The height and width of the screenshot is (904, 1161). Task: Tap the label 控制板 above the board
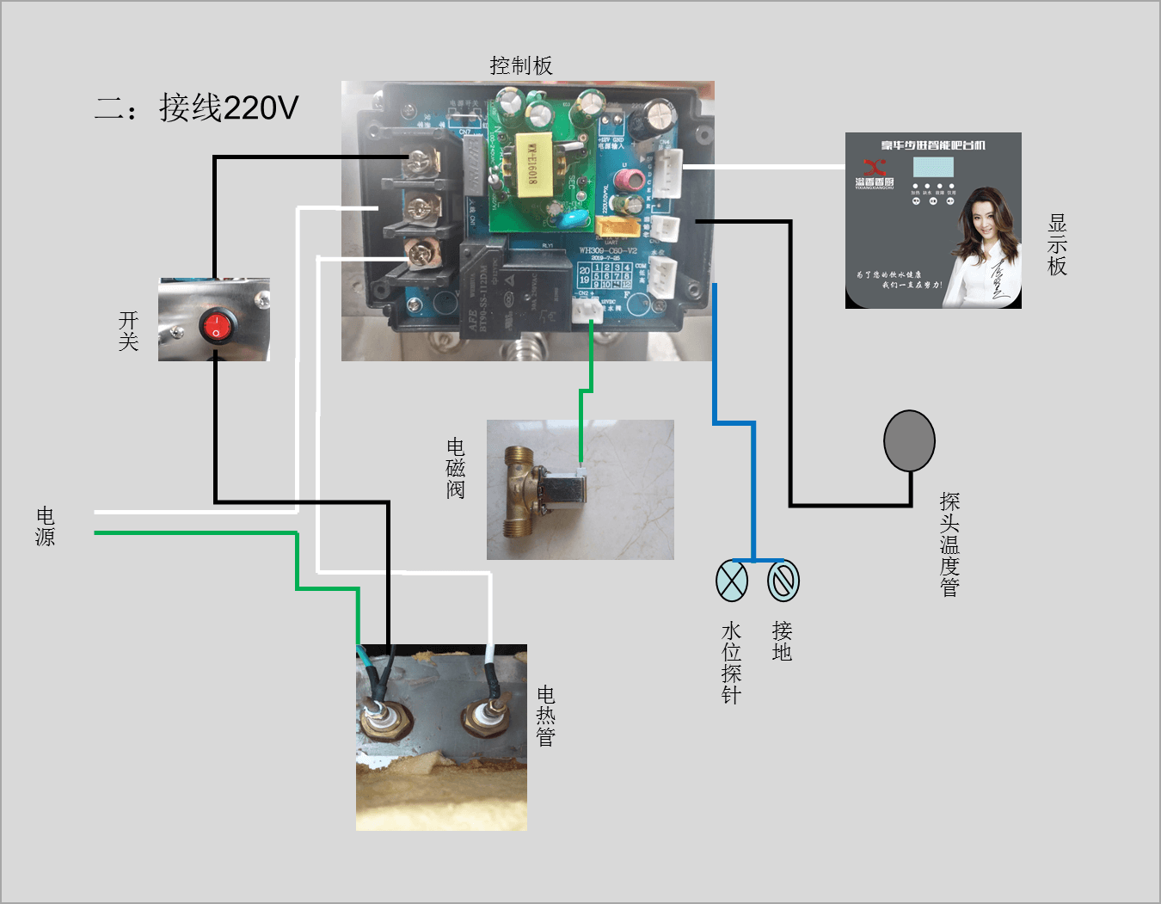pos(520,66)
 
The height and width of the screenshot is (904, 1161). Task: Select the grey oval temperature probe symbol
pos(909,440)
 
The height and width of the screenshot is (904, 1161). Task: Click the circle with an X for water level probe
pos(732,581)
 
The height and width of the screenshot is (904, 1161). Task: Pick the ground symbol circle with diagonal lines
pos(783,581)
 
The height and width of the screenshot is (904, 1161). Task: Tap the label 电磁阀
pos(456,469)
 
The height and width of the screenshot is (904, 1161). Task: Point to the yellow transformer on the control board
pos(530,166)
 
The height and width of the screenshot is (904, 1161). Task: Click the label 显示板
pos(1057,245)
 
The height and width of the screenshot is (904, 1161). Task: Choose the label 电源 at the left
pos(46,526)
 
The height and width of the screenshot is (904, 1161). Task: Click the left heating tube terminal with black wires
pos(379,713)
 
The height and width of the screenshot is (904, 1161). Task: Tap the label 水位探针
pos(731,662)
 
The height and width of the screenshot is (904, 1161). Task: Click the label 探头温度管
pos(949,544)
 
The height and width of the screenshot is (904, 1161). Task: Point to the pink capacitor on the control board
pos(634,179)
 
